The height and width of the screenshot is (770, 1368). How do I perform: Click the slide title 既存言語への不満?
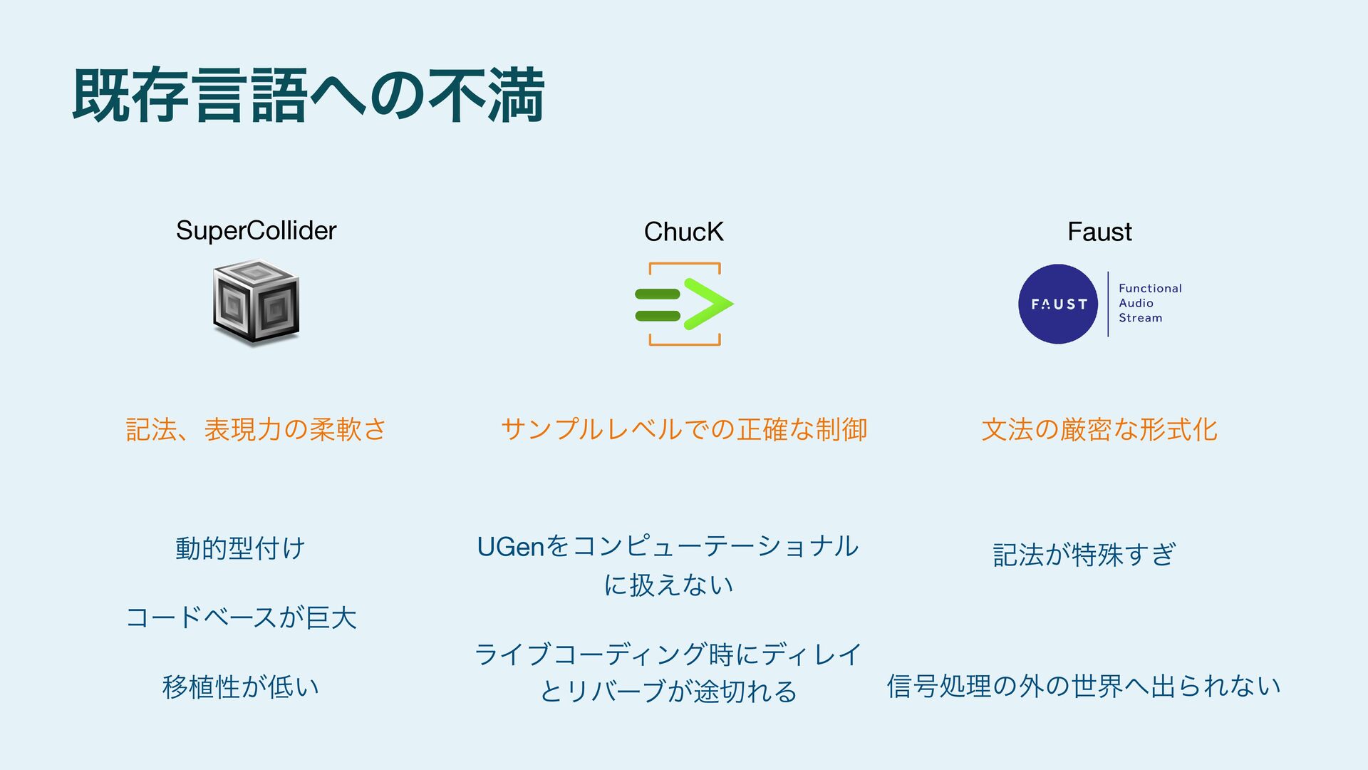(309, 96)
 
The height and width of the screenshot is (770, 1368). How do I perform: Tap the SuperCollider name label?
(256, 230)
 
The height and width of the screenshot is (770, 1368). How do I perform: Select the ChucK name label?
(683, 232)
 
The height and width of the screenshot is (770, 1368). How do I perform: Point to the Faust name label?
(1099, 232)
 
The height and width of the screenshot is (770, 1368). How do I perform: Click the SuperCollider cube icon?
(256, 302)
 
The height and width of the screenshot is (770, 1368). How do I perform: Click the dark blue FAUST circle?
(1058, 304)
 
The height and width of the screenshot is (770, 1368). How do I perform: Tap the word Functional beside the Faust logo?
(1150, 288)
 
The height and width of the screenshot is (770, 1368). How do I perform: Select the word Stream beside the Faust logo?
(1140, 318)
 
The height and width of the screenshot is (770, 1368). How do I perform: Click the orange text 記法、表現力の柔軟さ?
(256, 429)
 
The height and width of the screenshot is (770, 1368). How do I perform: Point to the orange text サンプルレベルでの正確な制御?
(684, 429)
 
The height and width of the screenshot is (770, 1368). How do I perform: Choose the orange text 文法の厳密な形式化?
(1099, 429)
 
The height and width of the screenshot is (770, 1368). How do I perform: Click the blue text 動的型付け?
(241, 548)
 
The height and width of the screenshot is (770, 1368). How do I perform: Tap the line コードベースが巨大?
(241, 617)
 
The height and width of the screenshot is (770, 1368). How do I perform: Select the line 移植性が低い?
(241, 687)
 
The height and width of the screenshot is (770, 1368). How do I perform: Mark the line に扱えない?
(668, 585)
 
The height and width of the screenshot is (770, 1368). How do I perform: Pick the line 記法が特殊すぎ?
(1084, 554)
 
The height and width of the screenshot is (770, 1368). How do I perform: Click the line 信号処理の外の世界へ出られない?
(1084, 686)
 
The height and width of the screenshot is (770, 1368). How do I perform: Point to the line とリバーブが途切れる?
(668, 692)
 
